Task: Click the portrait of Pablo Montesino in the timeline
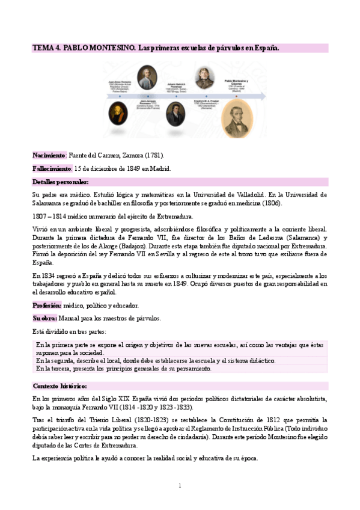pyautogui.click(x=237, y=118)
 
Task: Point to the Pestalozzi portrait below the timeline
pyautogui.click(x=175, y=113)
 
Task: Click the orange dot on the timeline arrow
pyautogui.click(x=237, y=97)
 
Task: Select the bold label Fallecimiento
pyautogui.click(x=52, y=168)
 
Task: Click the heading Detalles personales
pyautogui.click(x=60, y=182)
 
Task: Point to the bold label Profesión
pyautogui.click(x=47, y=305)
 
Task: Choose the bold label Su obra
pyautogui.click(x=45, y=318)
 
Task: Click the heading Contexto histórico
pyautogui.click(x=59, y=386)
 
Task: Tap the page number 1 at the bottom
pyautogui.click(x=179, y=485)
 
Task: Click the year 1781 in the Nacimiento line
pyautogui.click(x=154, y=155)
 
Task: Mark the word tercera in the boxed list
pyautogui.click(x=64, y=368)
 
